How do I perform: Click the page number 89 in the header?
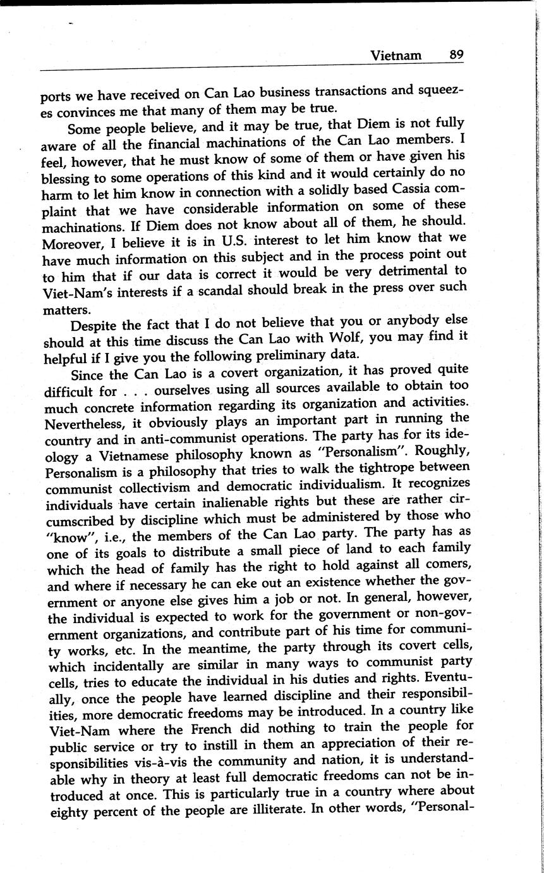pyautogui.click(x=456, y=55)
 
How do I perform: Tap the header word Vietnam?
pyautogui.click(x=396, y=56)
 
